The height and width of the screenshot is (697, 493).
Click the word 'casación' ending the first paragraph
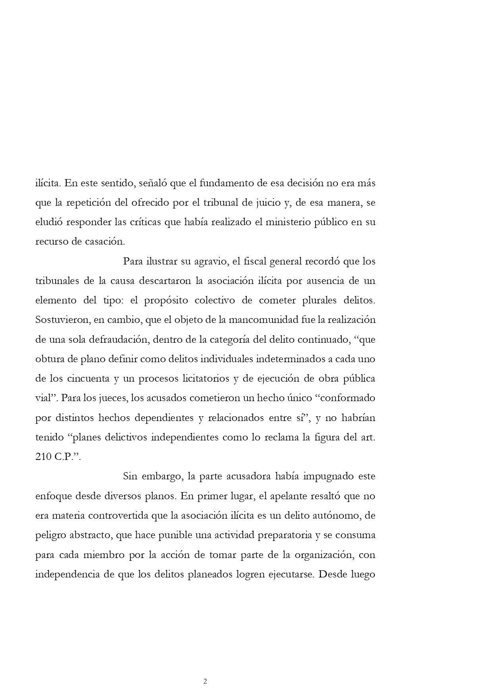(104, 241)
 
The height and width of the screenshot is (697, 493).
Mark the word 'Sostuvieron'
(59, 320)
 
